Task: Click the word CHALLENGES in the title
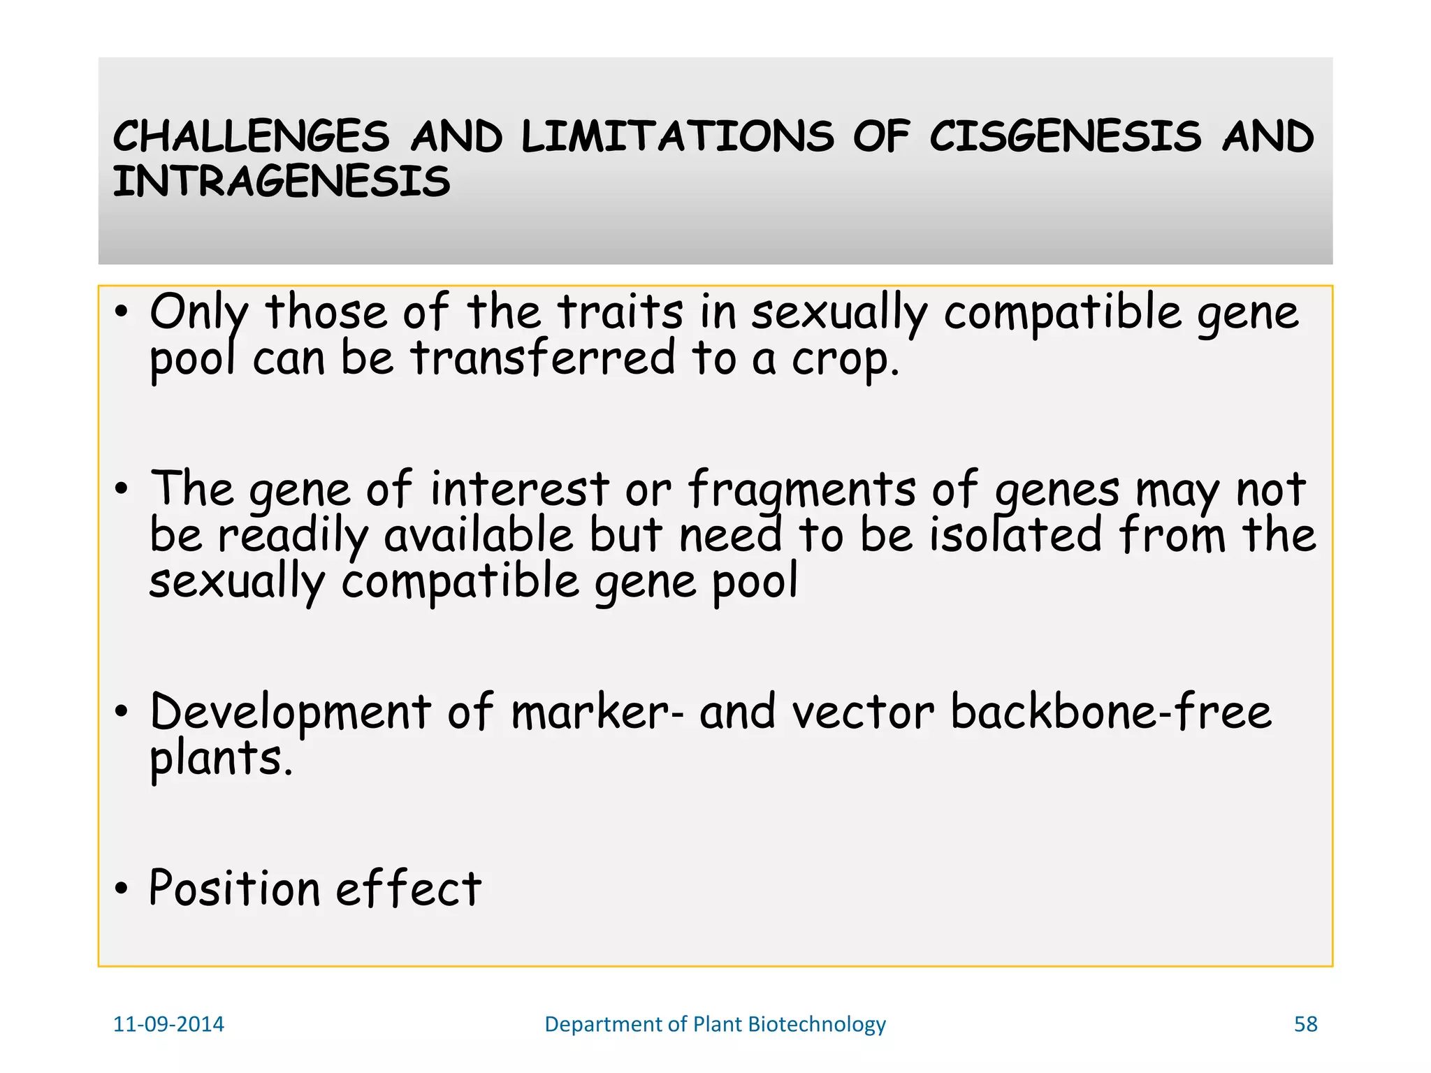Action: [x=251, y=136]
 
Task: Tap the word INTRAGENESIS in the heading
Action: [x=281, y=182]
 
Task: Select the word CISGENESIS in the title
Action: [x=1066, y=136]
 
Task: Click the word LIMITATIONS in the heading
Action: [x=677, y=136]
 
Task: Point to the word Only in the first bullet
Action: [x=198, y=312]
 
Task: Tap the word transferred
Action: [x=543, y=358]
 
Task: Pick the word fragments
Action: [x=801, y=490]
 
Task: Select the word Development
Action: [x=290, y=713]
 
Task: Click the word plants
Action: [x=220, y=759]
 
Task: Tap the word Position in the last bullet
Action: [x=234, y=889]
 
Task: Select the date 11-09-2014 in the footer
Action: [x=168, y=1024]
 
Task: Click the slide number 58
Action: [x=1305, y=1024]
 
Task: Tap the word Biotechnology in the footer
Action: [x=816, y=1025]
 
